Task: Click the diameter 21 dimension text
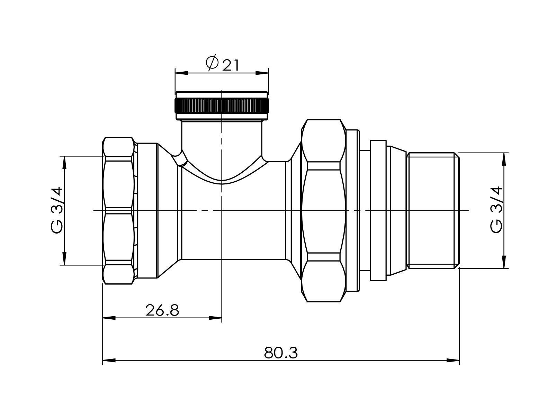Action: tap(222, 64)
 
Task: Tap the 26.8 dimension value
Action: tap(162, 310)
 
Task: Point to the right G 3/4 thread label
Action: tap(496, 210)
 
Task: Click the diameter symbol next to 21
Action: tap(212, 63)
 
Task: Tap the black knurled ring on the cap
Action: tap(222, 106)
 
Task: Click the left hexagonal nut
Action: tap(118, 210)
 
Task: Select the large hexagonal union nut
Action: tap(323, 210)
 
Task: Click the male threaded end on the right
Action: tap(433, 211)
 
